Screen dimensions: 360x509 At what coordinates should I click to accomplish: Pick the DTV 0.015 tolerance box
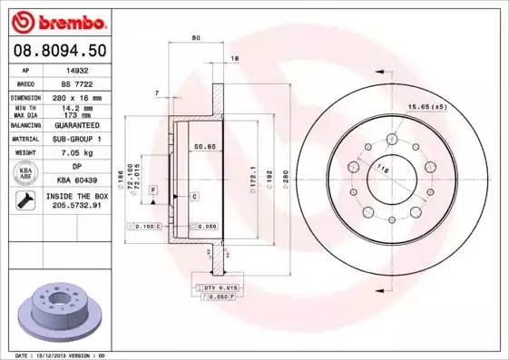coord(221,287)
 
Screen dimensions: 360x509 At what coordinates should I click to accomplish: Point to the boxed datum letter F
coord(154,189)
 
